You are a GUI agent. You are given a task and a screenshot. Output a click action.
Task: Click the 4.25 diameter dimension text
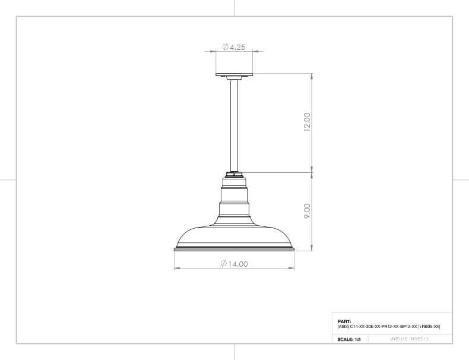point(237,47)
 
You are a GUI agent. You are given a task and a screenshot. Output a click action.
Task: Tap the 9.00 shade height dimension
point(307,211)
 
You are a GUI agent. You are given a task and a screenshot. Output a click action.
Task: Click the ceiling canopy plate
point(235,76)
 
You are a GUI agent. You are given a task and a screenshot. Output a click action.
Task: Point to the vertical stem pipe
point(235,125)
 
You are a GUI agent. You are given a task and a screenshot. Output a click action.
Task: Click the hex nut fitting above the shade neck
point(235,174)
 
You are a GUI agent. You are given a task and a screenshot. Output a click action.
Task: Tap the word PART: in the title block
point(344,322)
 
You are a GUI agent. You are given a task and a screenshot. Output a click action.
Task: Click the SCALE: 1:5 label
point(349,339)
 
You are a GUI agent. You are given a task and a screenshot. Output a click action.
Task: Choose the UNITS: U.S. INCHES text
point(409,339)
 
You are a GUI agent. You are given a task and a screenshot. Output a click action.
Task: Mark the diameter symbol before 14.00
point(224,263)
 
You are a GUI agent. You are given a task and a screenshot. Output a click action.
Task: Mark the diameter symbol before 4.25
point(226,47)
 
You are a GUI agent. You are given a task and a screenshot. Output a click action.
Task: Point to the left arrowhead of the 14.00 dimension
point(176,269)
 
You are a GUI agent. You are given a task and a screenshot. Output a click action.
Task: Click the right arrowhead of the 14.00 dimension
point(293,269)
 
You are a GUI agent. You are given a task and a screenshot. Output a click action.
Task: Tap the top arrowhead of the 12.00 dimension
point(312,76)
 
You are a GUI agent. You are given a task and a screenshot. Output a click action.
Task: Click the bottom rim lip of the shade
point(235,250)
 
